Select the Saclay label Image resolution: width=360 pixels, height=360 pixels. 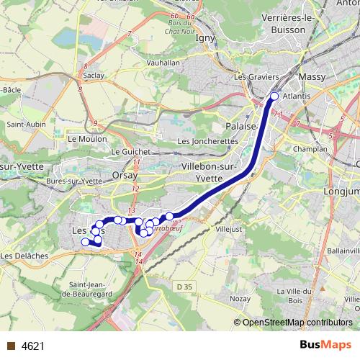pyautogui.click(x=94, y=75)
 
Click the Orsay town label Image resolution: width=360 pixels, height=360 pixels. pyautogui.click(x=125, y=175)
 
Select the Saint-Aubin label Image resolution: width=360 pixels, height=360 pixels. pyautogui.click(x=26, y=124)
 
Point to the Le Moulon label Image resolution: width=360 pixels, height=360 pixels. pyautogui.click(x=86, y=138)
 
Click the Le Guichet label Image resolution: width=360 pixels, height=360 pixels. pyautogui.click(x=130, y=152)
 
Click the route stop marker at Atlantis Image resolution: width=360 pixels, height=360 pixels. pyautogui.click(x=274, y=96)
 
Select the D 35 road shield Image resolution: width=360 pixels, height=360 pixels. pyautogui.click(x=186, y=287)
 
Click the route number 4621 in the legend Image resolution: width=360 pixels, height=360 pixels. pyautogui.click(x=32, y=346)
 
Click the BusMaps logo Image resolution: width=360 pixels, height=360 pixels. pyautogui.click(x=325, y=346)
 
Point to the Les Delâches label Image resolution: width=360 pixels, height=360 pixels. pyautogui.click(x=24, y=256)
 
